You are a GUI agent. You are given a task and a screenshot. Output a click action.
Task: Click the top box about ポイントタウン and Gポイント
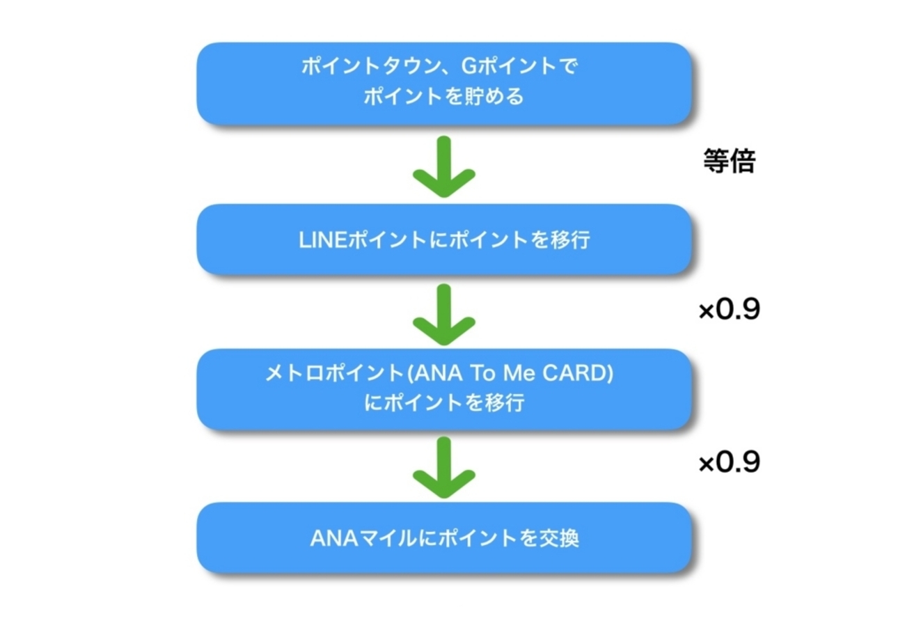pyautogui.click(x=443, y=84)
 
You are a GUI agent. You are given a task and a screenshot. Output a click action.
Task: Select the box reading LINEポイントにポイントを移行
pyautogui.click(x=443, y=240)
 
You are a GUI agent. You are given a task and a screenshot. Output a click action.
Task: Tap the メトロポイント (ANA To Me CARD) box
pyautogui.click(x=443, y=388)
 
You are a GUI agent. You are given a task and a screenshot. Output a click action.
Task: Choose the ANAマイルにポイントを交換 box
pyautogui.click(x=443, y=538)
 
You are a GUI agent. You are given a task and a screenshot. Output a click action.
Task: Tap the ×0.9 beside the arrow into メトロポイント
pyautogui.click(x=729, y=310)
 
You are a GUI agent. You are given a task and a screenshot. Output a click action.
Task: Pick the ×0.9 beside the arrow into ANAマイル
pyautogui.click(x=729, y=462)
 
